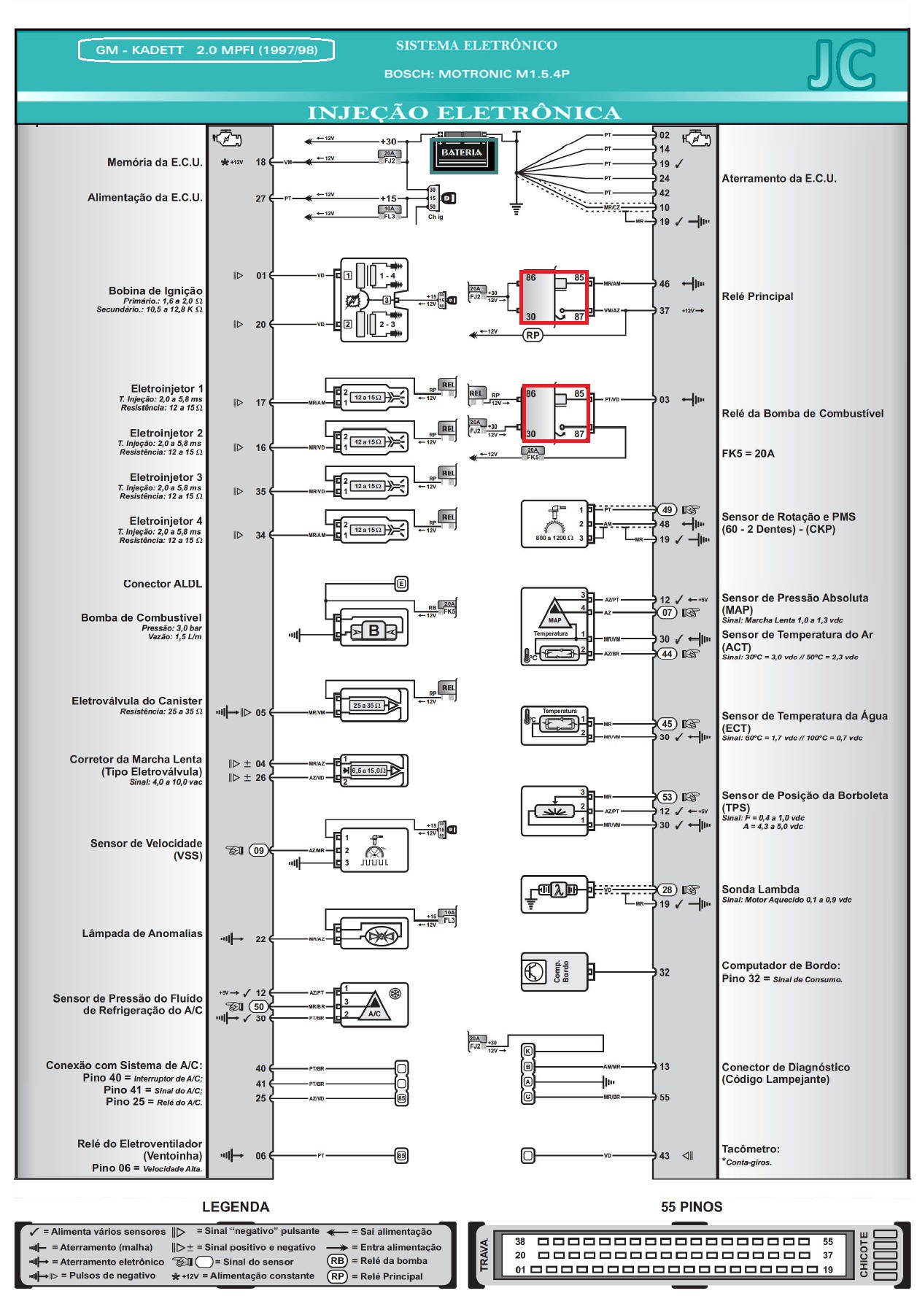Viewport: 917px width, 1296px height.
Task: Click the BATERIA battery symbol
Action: (x=462, y=153)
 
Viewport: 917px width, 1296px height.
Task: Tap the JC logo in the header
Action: (x=841, y=66)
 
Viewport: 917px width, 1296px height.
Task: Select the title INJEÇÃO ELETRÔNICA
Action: (x=464, y=113)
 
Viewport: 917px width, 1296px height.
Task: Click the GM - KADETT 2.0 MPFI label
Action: (x=206, y=50)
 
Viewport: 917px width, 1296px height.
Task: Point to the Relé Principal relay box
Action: (x=554, y=297)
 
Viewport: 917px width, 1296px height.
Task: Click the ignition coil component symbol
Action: (x=374, y=300)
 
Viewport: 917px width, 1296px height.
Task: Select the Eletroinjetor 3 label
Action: (x=166, y=477)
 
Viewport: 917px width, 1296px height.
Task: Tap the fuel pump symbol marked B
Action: (x=374, y=630)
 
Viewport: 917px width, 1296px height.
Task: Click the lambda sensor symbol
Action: (x=555, y=892)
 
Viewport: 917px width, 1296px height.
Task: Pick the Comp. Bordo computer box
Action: (x=554, y=972)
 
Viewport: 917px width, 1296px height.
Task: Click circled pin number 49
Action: (x=667, y=510)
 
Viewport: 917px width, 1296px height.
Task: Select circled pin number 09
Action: (x=258, y=850)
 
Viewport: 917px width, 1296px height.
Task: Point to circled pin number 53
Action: (x=667, y=797)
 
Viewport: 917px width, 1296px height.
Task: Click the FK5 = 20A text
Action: (x=748, y=453)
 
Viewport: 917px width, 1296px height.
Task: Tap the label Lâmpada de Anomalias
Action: (x=142, y=933)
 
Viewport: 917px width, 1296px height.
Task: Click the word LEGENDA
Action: (x=236, y=1207)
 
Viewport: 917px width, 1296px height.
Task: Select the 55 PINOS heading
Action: (x=691, y=1207)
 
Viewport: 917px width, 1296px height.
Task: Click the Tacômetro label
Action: (x=751, y=1149)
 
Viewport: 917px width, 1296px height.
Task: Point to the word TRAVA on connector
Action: (x=484, y=1254)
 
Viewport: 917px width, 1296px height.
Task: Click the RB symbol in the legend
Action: (x=337, y=1260)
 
